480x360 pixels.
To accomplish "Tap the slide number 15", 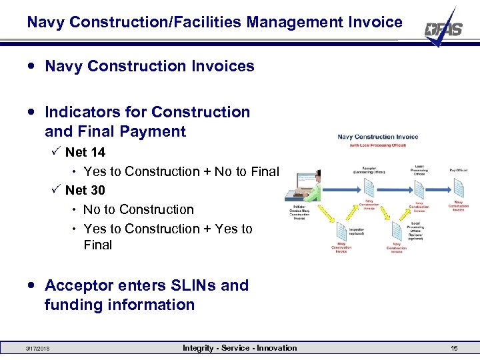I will click(454, 348).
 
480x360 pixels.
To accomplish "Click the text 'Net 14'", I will click(85, 153).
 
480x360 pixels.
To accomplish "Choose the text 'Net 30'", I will click(85, 191).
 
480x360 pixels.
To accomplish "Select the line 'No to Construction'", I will click(139, 209).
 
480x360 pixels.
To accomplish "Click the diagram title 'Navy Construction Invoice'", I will click(378, 137).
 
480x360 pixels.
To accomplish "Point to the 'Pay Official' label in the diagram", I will click(458, 169).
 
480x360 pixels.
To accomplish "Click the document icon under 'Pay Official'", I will click(458, 189).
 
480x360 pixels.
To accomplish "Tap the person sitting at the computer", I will click(315, 187).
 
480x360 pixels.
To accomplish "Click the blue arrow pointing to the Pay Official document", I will click(438, 189).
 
